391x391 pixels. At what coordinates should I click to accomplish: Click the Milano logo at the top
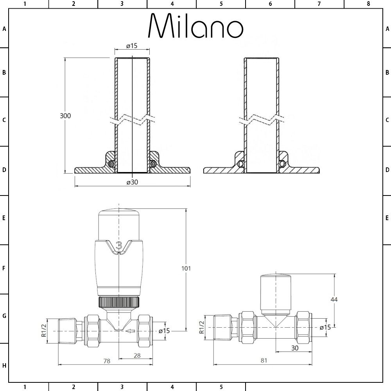(x=196, y=25)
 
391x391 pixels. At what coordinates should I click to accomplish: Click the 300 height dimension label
(x=65, y=116)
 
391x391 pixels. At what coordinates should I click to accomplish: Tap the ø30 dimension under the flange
(x=132, y=182)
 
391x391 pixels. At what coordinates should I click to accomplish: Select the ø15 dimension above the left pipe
(x=132, y=46)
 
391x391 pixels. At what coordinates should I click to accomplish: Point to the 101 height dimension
(x=186, y=268)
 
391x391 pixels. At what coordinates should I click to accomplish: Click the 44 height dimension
(x=334, y=299)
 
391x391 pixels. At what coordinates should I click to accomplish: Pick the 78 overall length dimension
(x=107, y=361)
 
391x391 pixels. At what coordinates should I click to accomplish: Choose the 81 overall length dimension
(x=264, y=361)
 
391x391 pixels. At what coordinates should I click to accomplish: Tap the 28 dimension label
(x=137, y=355)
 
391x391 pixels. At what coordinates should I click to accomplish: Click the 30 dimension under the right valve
(x=295, y=348)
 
